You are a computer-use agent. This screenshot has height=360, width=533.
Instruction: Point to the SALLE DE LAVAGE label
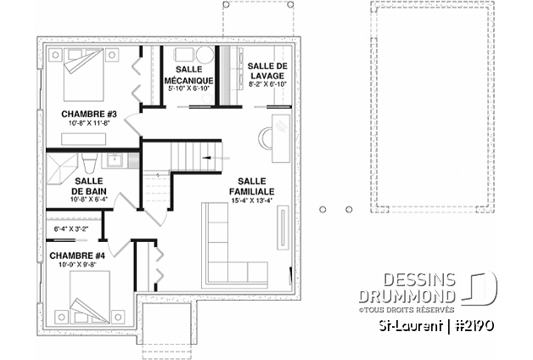click(266, 70)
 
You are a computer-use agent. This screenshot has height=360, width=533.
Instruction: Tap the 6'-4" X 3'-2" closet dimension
click(77, 228)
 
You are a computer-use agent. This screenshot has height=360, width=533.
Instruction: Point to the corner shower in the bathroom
click(63, 163)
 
